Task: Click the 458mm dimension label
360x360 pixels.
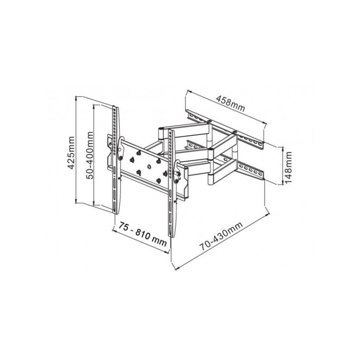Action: [231, 103]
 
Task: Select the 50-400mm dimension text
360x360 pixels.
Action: [90, 155]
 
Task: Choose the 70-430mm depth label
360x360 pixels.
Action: [221, 236]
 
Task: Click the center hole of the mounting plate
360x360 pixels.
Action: [149, 166]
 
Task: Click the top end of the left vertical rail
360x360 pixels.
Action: [115, 107]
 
